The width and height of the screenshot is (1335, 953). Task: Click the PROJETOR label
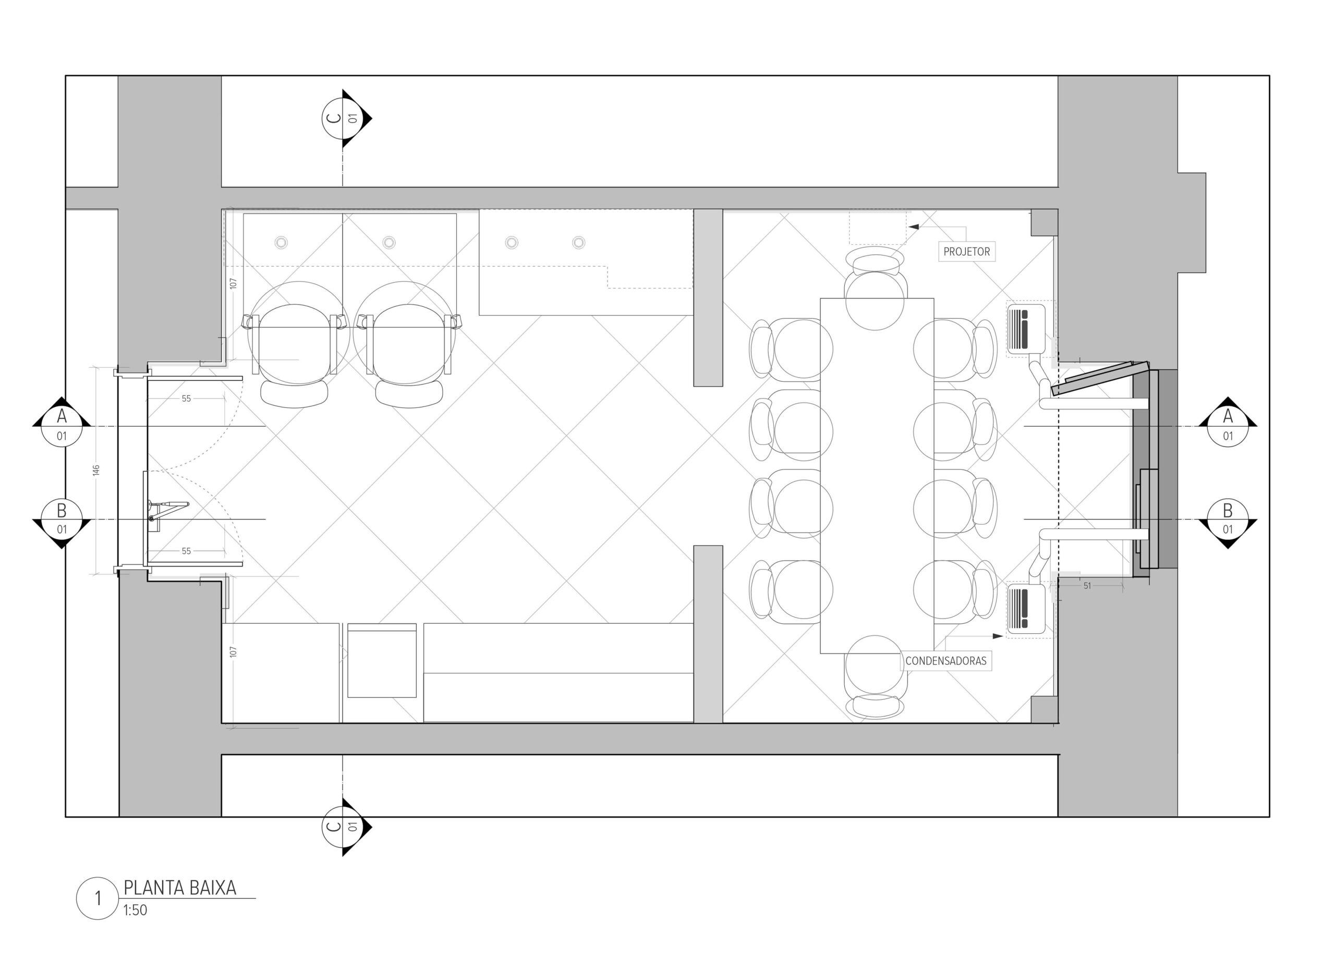tap(966, 252)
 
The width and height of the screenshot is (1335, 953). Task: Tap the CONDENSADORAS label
tap(945, 661)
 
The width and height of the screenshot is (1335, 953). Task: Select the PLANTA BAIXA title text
tap(179, 888)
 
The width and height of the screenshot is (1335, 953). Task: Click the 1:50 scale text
tap(135, 910)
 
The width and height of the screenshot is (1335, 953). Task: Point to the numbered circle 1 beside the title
tap(98, 898)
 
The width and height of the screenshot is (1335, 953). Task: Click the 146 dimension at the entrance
tap(96, 470)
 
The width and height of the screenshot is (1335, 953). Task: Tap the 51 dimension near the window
tap(1087, 586)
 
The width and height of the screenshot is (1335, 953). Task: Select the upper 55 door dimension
tap(186, 399)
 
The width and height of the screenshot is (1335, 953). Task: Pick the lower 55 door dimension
tap(186, 551)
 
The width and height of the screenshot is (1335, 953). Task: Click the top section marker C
tap(346, 118)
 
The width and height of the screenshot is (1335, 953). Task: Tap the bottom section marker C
tap(346, 827)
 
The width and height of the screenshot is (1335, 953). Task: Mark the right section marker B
tap(1228, 520)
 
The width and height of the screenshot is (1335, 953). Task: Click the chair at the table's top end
tap(875, 287)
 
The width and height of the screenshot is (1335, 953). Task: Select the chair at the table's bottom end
tap(875, 677)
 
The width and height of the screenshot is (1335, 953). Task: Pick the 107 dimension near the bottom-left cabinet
tap(233, 652)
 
